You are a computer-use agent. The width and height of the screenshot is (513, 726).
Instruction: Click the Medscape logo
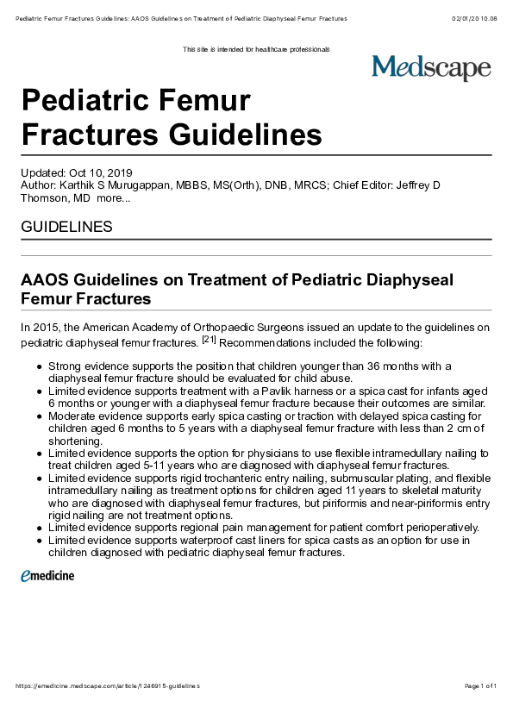(x=431, y=68)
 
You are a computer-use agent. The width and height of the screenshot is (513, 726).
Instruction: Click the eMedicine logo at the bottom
(x=47, y=575)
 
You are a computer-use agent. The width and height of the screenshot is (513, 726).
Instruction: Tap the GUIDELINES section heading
(x=66, y=228)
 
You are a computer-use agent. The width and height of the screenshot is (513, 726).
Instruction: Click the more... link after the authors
(x=114, y=198)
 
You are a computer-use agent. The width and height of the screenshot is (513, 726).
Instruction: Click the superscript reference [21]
(x=209, y=339)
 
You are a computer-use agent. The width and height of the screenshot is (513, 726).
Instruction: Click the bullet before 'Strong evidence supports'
(x=40, y=366)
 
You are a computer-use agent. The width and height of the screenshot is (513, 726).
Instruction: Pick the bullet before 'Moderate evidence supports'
(x=40, y=416)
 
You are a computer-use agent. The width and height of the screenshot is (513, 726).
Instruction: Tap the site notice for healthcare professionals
(x=256, y=49)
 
